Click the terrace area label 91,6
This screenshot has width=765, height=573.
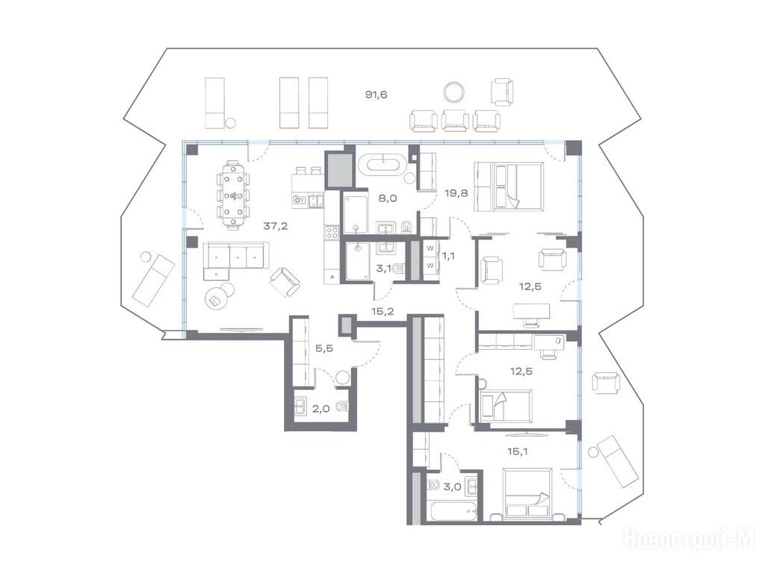377,95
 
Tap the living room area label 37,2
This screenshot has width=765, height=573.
275,225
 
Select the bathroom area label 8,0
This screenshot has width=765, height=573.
388,198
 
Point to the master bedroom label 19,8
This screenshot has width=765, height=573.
456,193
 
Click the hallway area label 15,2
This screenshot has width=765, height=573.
382,311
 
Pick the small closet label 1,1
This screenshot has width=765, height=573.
447,255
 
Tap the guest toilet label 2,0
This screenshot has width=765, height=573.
320,409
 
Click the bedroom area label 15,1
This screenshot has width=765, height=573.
518,451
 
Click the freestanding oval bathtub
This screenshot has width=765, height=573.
382,164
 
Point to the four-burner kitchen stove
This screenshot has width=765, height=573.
332,232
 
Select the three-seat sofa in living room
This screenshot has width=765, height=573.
235,256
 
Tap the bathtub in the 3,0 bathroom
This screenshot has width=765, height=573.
451,511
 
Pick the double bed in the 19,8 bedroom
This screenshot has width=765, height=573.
508,187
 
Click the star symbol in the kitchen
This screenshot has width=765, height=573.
332,277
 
